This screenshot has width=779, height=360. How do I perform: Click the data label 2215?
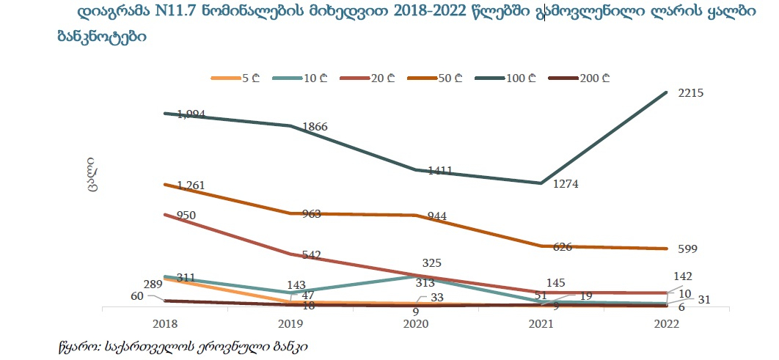click(x=692, y=92)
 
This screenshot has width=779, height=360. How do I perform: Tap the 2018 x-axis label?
click(x=166, y=323)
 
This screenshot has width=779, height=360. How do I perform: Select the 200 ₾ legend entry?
click(x=594, y=78)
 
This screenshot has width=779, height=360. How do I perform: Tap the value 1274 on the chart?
click(x=566, y=185)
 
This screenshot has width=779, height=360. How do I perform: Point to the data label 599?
click(x=687, y=249)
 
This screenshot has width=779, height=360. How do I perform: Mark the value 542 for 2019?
click(x=310, y=255)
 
